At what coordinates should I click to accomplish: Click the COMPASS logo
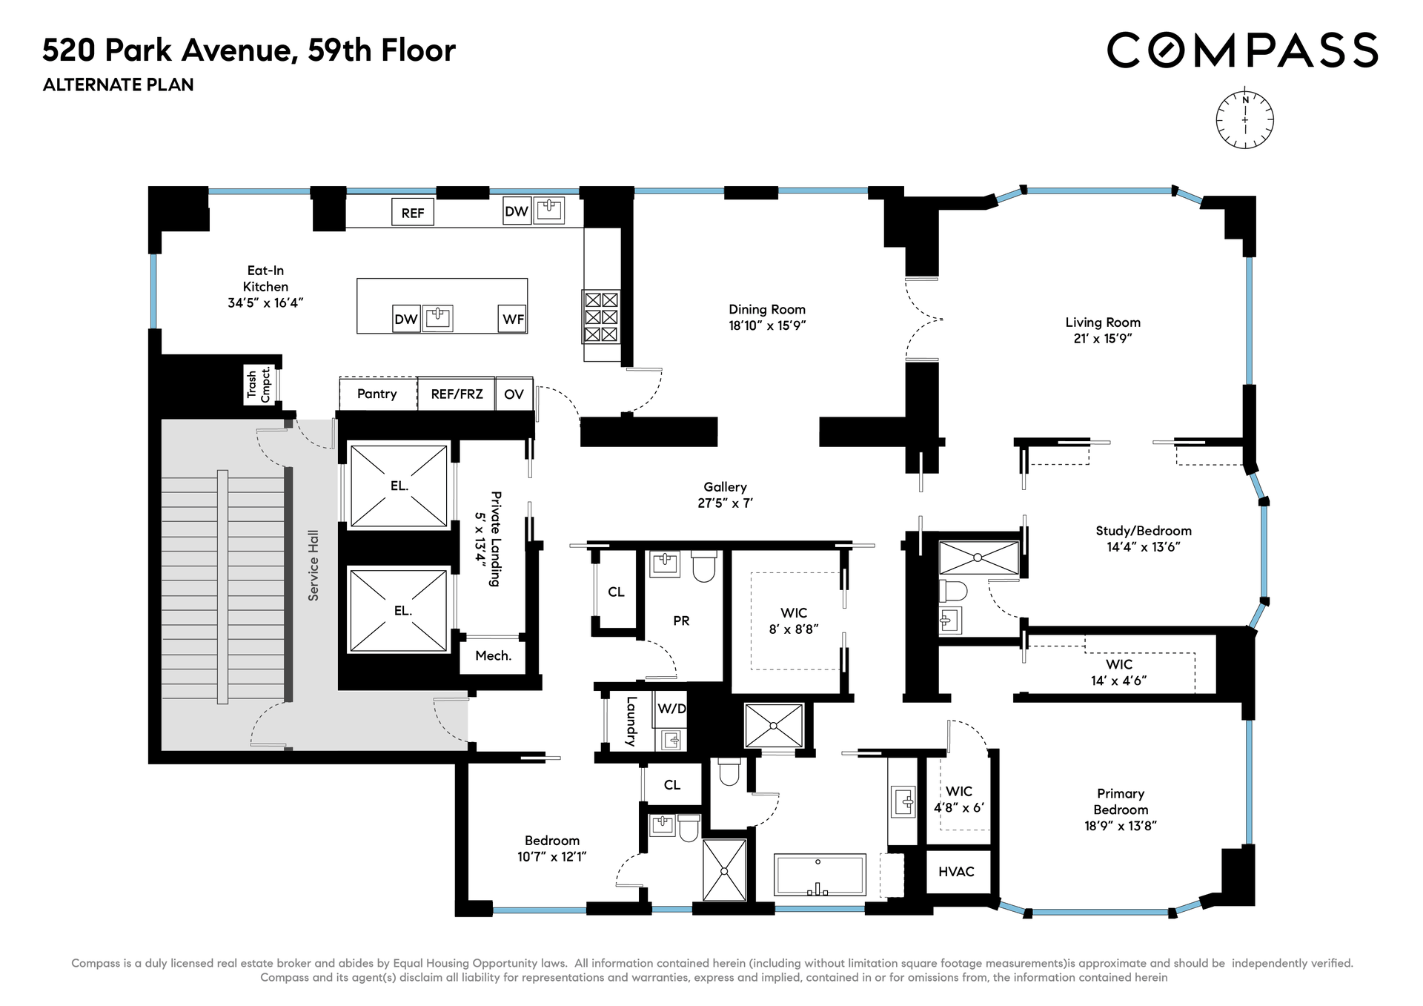tap(1242, 50)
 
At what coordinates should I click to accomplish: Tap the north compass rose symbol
tap(1245, 119)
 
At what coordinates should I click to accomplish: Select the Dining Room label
tap(767, 309)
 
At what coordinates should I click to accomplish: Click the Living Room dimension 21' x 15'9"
tap(1103, 338)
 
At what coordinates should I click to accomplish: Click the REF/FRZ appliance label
tap(457, 394)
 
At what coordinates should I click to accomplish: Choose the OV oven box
tap(514, 394)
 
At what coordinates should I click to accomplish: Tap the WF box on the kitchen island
tap(513, 319)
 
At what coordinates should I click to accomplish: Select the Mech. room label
tap(493, 655)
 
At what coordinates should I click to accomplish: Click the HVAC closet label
tap(956, 871)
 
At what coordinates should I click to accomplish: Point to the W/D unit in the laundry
tap(671, 709)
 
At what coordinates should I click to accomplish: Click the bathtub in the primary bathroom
tap(820, 875)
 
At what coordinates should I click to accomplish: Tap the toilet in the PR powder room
tap(703, 566)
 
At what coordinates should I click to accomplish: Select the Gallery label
tap(725, 486)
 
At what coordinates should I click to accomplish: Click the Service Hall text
tap(314, 565)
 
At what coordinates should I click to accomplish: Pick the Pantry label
tap(377, 394)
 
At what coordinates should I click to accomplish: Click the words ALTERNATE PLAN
tap(119, 85)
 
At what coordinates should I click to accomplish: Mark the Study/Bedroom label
tap(1144, 531)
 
